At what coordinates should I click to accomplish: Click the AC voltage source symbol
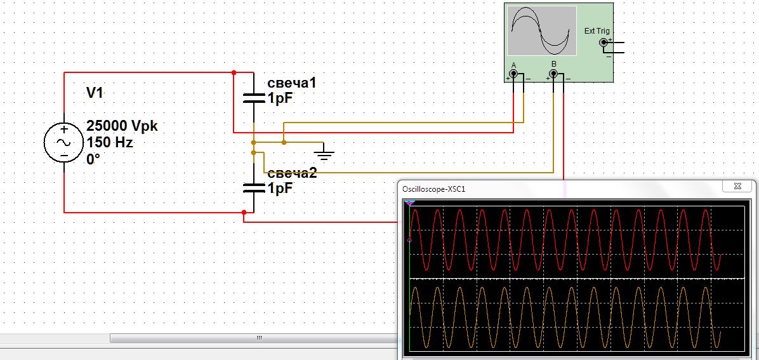64,142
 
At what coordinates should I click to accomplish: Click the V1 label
95,93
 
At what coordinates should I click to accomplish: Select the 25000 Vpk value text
122,126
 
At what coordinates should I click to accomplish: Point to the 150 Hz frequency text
109,143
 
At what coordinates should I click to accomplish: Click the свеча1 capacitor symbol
253,98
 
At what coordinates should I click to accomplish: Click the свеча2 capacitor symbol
253,187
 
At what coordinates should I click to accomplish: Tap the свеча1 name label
292,83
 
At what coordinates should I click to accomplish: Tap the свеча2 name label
292,173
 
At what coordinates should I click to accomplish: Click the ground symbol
324,155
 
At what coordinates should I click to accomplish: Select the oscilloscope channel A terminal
513,74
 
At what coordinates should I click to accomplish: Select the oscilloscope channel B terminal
554,74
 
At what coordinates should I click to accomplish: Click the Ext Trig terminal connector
603,43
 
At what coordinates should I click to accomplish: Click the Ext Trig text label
597,31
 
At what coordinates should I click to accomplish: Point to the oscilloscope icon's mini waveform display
542,30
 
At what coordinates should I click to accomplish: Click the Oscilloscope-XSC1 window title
433,189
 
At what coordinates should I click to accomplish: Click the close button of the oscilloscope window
737,186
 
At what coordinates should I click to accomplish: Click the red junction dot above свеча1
234,72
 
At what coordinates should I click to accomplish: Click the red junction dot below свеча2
244,212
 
